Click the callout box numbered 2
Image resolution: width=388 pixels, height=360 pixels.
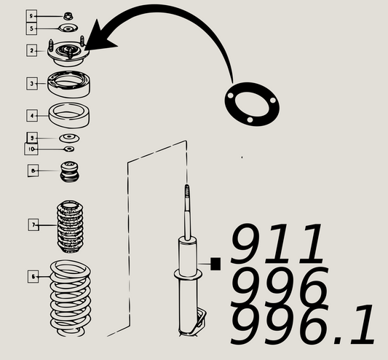pos(31,50)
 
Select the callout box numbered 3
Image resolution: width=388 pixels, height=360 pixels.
pos(31,84)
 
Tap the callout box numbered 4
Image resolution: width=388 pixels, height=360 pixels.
pos(31,115)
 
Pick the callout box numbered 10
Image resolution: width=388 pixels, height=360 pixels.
pos(31,149)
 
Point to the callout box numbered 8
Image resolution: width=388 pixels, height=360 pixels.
pos(33,171)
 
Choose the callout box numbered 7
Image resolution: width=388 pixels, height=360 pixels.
pos(33,225)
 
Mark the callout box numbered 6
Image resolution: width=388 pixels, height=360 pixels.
pos(33,276)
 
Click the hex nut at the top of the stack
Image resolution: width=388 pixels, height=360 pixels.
pos(68,15)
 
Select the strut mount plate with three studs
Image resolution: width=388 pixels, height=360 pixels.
pos(68,52)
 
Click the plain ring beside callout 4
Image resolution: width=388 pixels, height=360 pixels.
pos(68,114)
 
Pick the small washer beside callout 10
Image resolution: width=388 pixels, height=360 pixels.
pos(69,149)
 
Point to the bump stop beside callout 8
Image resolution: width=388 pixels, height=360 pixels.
pos(68,173)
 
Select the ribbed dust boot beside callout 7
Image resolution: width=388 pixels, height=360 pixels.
pos(70,225)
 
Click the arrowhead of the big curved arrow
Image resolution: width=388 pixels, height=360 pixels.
pos(102,42)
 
